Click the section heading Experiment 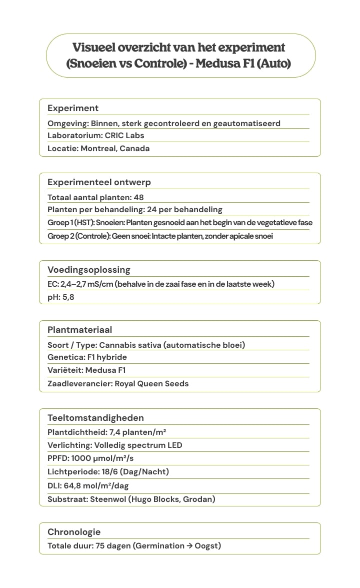tap(73, 108)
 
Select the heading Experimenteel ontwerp tap(99, 182)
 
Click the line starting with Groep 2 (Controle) tap(160, 236)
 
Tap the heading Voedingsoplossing tap(88, 270)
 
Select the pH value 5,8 tap(68, 297)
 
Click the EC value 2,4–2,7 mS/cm tap(88, 284)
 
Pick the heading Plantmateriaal tap(79, 330)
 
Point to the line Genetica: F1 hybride tap(87, 357)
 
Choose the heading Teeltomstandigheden tap(95, 418)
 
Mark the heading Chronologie tap(74, 532)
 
